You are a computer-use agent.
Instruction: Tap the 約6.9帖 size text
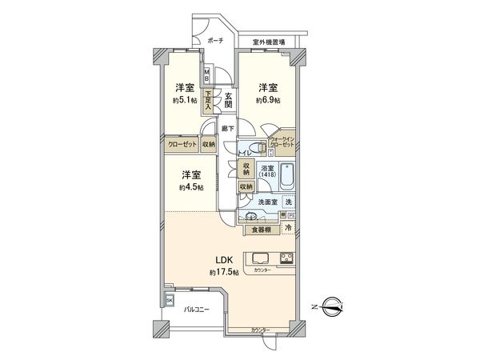point(268,101)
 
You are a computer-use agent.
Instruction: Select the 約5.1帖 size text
point(186,101)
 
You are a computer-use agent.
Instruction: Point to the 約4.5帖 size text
point(190,188)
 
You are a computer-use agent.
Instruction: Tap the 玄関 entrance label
point(228,101)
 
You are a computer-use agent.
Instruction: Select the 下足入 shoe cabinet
point(208,100)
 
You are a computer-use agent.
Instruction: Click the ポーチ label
point(215,39)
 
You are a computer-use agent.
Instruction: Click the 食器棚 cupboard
point(261,230)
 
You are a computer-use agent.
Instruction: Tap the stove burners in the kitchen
point(286,258)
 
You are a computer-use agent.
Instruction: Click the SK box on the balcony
point(169,300)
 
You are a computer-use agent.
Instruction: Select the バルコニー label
point(197,310)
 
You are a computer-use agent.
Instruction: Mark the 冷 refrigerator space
point(287,229)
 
